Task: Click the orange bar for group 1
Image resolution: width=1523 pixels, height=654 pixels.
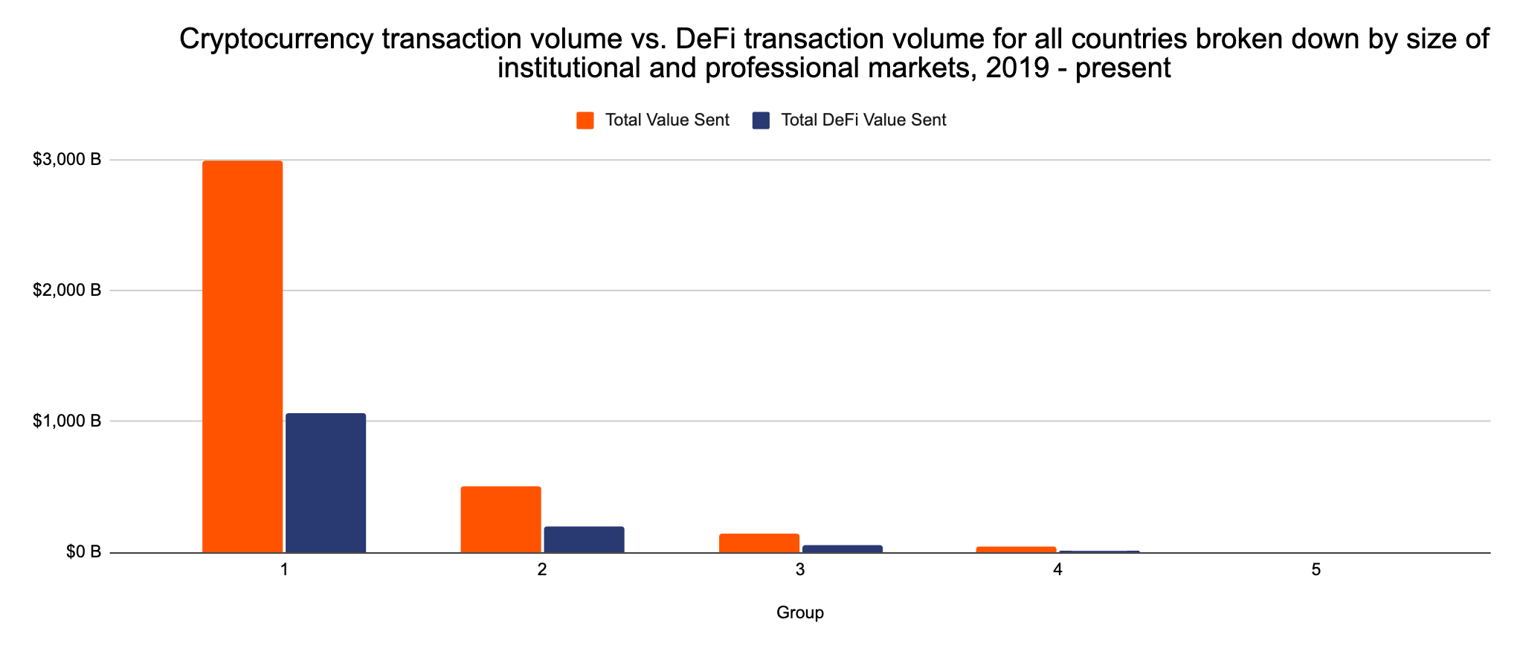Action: point(242,357)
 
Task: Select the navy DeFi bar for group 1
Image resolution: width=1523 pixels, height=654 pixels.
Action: point(326,483)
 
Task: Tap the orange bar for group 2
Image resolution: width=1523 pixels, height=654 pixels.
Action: point(500,519)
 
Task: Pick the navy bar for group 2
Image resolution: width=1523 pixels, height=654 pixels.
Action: point(584,540)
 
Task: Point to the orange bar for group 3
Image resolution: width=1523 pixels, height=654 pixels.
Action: point(759,543)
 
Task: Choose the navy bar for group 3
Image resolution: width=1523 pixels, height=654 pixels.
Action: point(842,549)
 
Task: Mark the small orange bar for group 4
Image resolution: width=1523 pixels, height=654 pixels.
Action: point(1016,550)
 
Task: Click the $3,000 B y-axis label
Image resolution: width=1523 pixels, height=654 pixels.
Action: point(67,160)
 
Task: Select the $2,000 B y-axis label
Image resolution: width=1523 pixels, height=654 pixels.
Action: point(67,291)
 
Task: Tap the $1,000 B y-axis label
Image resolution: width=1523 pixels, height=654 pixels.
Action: point(67,421)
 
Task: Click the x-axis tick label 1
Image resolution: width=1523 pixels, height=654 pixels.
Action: point(284,571)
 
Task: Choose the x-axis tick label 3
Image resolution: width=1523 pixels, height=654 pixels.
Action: point(800,571)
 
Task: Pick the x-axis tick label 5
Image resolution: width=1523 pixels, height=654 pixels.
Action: point(1316,571)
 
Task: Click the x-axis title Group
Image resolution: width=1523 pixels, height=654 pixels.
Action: point(800,613)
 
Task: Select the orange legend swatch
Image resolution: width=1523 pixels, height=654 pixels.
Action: point(585,120)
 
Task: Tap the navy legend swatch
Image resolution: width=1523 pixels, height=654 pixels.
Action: point(761,120)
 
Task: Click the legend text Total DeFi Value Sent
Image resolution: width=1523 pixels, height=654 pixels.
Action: point(863,120)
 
